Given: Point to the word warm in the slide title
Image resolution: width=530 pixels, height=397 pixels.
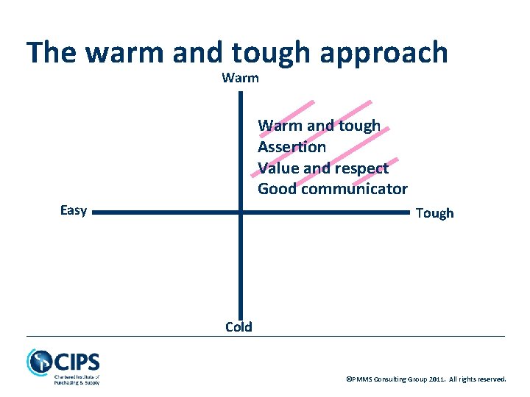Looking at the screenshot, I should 125,53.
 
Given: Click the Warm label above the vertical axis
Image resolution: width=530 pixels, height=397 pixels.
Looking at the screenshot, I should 240,78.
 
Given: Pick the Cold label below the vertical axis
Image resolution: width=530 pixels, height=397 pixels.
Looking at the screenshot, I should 239,327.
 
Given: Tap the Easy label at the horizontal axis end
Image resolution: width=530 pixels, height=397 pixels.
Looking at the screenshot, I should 74,211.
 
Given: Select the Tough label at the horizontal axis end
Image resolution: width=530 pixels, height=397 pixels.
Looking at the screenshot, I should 434,213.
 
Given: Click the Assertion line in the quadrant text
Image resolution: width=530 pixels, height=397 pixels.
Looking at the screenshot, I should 291,147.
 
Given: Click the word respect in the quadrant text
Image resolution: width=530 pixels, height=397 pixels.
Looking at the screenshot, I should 361,168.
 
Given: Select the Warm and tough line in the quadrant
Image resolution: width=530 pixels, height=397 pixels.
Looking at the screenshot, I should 319,126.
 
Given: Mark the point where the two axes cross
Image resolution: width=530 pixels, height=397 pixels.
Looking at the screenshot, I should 240,212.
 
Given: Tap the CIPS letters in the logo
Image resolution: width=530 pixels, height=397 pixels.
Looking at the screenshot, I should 76,362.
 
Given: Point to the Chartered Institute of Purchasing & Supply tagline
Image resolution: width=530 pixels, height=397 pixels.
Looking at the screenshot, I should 77,379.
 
